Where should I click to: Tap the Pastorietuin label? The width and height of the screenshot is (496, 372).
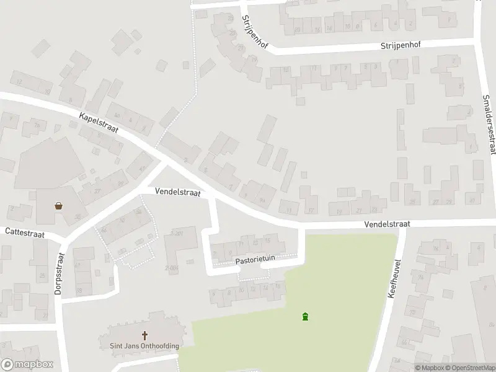tap(254, 261)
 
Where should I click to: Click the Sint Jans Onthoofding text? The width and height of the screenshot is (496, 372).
tap(140, 346)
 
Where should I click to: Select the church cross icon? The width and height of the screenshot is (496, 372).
tap(145, 335)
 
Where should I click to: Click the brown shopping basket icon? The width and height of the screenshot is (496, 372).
tap(58, 206)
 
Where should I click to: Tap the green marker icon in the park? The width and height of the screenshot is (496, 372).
tap(304, 317)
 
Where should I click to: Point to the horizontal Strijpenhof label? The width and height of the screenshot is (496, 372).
tap(402, 46)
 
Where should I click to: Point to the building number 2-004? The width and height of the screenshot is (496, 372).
tap(171, 267)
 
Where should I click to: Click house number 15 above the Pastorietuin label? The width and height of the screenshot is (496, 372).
tap(267, 239)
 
